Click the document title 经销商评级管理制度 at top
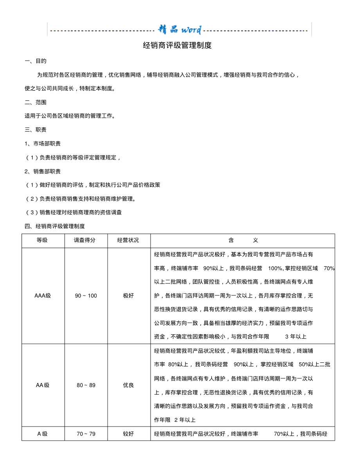click(x=177, y=45)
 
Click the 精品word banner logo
click(x=180, y=30)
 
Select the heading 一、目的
click(x=36, y=61)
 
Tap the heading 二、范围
click(x=36, y=102)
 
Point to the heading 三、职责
click(x=36, y=130)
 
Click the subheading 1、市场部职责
click(x=43, y=143)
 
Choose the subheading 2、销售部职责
click(x=43, y=171)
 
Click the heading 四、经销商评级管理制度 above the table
click(x=55, y=226)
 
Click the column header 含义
click(x=243, y=240)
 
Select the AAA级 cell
click(x=43, y=296)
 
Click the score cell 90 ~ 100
click(x=86, y=296)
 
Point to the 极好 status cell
click(x=128, y=296)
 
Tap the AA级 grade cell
click(x=43, y=385)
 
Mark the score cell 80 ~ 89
click(x=86, y=385)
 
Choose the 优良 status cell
click(x=128, y=385)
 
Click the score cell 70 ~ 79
click(x=86, y=434)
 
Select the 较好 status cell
click(x=128, y=434)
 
